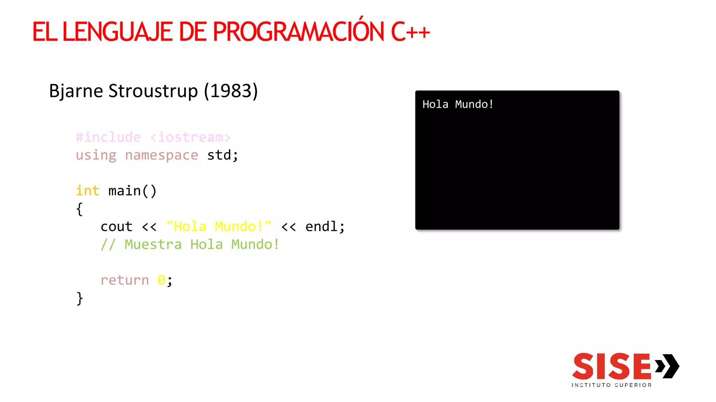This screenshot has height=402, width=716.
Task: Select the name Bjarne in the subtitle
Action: pyautogui.click(x=76, y=91)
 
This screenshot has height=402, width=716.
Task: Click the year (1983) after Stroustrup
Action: pyautogui.click(x=231, y=91)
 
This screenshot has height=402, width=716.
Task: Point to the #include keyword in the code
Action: pyautogui.click(x=108, y=137)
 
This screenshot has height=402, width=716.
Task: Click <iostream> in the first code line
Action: pyautogui.click(x=191, y=137)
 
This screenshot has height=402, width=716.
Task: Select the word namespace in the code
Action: pyautogui.click(x=162, y=155)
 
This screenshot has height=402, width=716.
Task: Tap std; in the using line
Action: pyautogui.click(x=223, y=155)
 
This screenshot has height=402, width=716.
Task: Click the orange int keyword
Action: pyautogui.click(x=88, y=191)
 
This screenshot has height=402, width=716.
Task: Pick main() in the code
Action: pyautogui.click(x=133, y=191)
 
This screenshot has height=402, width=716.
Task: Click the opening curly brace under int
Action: pyautogui.click(x=80, y=209)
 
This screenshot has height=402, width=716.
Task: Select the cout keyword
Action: pyautogui.click(x=116, y=227)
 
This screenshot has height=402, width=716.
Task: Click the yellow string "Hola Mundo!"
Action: pyautogui.click(x=219, y=227)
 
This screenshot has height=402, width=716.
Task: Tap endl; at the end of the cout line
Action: pyautogui.click(x=325, y=227)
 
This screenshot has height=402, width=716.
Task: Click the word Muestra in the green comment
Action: pyautogui.click(x=153, y=245)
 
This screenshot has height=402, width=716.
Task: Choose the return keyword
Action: pyautogui.click(x=125, y=280)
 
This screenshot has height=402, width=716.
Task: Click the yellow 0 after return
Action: pyautogui.click(x=161, y=280)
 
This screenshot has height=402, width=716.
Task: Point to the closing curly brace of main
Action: pyautogui.click(x=80, y=299)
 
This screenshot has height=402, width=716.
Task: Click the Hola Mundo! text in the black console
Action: pyautogui.click(x=458, y=104)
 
